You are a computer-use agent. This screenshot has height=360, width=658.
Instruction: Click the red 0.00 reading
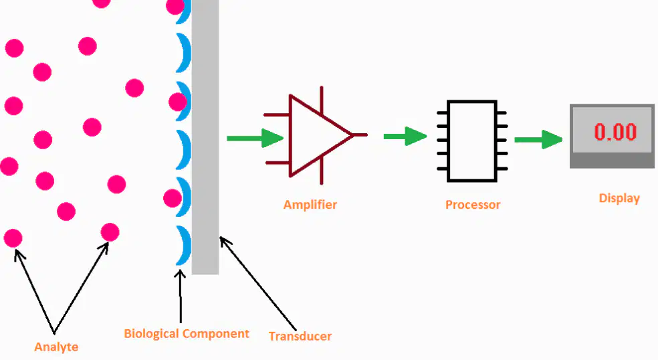[615, 131]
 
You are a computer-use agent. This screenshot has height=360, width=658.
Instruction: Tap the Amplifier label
[310, 205]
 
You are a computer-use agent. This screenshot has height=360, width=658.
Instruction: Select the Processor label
[473, 205]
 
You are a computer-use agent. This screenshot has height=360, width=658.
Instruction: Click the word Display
[619, 198]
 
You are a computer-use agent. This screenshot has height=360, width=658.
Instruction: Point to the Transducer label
[300, 336]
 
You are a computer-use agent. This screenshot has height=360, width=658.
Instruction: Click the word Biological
[152, 334]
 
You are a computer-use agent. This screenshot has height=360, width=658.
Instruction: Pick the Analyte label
[56, 347]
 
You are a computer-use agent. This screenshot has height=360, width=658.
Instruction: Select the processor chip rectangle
[472, 141]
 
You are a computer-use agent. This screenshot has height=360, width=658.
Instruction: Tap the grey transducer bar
[205, 137]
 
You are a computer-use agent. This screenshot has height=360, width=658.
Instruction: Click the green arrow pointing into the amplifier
[255, 139]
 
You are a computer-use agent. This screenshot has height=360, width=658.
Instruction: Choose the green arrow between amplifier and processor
[405, 136]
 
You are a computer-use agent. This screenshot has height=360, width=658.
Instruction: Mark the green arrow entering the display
[538, 139]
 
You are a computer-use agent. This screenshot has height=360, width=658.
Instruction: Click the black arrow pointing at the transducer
[258, 284]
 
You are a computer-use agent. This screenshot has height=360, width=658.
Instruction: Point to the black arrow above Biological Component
[181, 296]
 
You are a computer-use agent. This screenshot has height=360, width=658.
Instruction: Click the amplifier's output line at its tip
[367, 135]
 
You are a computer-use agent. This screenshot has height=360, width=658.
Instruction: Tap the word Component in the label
[216, 334]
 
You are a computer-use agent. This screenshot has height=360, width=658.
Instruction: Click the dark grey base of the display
[612, 161]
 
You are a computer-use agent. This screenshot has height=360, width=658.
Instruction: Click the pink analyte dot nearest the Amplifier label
[173, 198]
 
